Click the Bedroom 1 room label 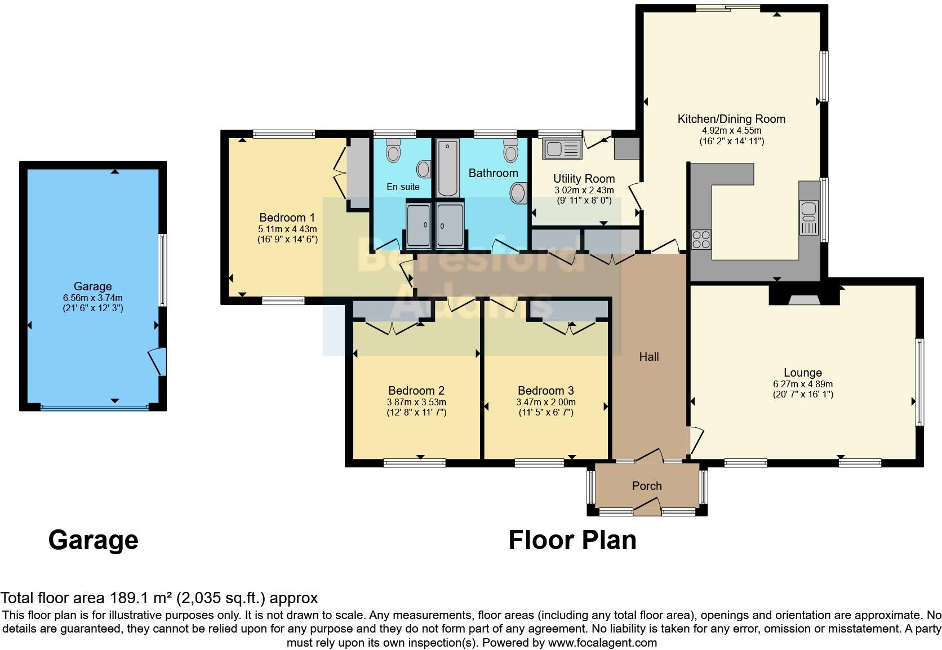coord(287,218)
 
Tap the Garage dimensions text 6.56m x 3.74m coord(93,298)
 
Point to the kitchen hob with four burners coord(701,240)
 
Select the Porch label coord(647,486)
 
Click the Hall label coord(649,357)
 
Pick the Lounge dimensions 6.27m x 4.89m coord(803,384)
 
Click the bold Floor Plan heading coord(572,540)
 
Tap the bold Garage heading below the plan coord(93,540)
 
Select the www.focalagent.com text coord(602,643)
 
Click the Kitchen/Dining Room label coord(731,119)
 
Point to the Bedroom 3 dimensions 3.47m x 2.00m coord(546,403)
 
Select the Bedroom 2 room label coord(416,391)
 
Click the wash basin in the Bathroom coord(518,194)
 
